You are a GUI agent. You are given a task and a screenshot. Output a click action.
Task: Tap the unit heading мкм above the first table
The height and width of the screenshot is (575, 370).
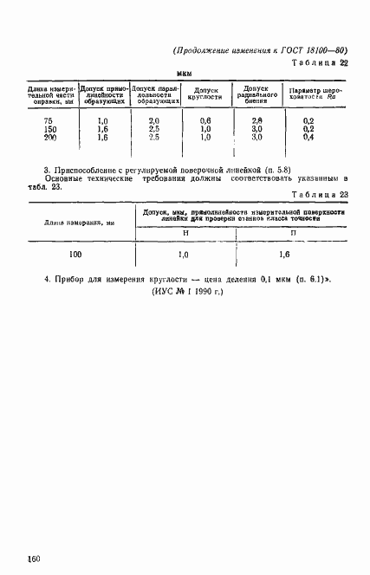click(184, 75)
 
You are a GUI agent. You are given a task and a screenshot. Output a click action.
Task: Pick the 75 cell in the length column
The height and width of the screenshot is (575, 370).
click(48, 120)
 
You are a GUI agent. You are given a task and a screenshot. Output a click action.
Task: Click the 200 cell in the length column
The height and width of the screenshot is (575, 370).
click(48, 137)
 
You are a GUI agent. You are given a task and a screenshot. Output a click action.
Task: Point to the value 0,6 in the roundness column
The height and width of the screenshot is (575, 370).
click(205, 120)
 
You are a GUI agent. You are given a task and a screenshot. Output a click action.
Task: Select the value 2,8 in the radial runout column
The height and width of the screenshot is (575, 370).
click(256, 120)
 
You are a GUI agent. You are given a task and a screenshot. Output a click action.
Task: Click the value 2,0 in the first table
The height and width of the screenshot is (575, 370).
click(154, 120)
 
